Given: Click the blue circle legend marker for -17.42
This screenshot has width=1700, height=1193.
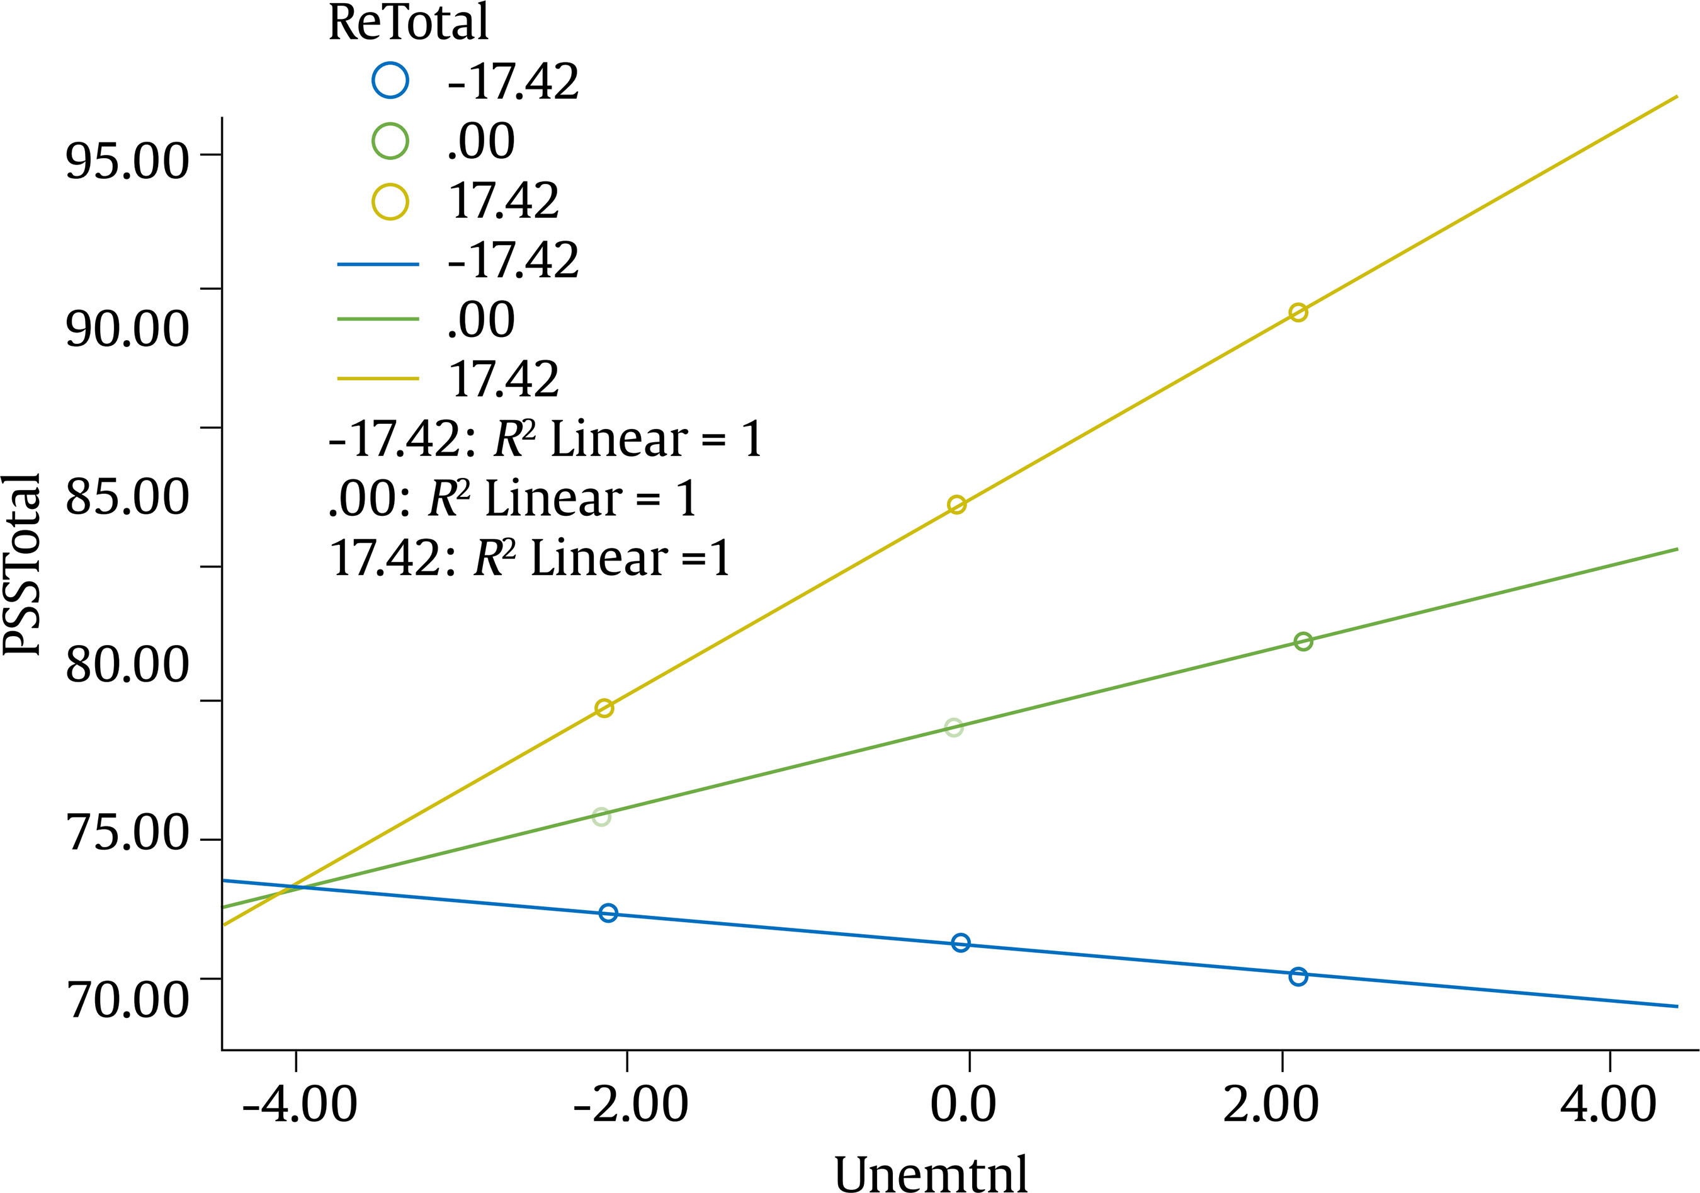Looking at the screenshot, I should pos(390,80).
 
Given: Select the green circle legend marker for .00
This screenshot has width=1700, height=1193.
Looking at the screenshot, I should pos(390,140).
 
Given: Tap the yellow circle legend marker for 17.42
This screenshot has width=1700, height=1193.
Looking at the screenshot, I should pos(390,201).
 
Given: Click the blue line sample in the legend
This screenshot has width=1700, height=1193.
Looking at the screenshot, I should pos(378,265).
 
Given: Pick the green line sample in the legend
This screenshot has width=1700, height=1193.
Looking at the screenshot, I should pos(378,319).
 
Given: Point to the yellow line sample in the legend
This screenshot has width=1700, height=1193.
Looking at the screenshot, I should pos(378,379).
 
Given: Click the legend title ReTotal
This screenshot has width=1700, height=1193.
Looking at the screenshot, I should pos(408,22).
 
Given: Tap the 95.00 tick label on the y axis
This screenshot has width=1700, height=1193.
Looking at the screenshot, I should pos(127,161).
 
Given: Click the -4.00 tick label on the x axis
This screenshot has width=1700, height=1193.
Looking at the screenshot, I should pos(299,1104).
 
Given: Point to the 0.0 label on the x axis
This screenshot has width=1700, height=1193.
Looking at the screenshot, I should pos(963,1104).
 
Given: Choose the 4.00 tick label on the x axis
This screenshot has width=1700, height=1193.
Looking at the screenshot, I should pos(1608,1104).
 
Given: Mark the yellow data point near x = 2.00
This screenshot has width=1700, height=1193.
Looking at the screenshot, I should pos(1298,312).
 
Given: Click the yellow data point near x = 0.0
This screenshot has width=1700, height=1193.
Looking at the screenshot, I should pos(956,505).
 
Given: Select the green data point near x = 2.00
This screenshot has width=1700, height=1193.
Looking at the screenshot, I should pos(1303,641).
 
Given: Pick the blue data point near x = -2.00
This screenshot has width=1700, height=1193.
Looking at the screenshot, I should pos(608,913).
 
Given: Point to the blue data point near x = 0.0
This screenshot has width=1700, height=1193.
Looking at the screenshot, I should pos(960,943).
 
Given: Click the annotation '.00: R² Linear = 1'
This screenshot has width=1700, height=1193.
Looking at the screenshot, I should pos(513,498).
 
